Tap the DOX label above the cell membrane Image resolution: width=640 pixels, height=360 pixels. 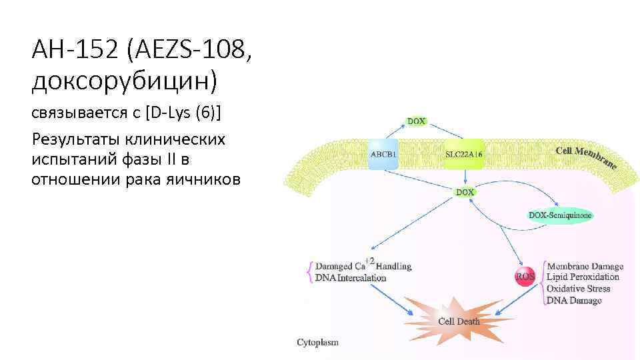click(417, 122)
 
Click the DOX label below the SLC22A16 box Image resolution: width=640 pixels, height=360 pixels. click(465, 192)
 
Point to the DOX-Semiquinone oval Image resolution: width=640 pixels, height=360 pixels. click(560, 215)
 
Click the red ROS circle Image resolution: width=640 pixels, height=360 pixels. click(525, 277)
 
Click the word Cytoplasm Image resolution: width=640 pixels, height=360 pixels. click(317, 343)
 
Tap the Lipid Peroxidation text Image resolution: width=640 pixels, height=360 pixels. click(583, 277)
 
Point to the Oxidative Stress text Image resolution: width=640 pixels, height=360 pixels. click(578, 289)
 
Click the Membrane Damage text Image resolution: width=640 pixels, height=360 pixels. click(585, 265)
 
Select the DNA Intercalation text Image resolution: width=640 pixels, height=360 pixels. click(351, 277)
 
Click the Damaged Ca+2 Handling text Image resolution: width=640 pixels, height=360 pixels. click(363, 265)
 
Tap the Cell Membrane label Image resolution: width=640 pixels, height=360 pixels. click(587, 155)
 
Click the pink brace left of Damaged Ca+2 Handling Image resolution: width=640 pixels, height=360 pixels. click(309, 271)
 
